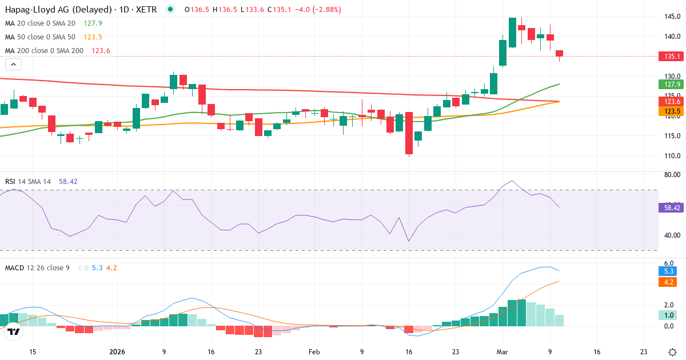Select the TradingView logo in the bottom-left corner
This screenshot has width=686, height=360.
click(x=14, y=331)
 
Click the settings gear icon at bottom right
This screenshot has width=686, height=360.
click(x=672, y=352)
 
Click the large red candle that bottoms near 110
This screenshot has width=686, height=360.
click(x=409, y=134)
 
